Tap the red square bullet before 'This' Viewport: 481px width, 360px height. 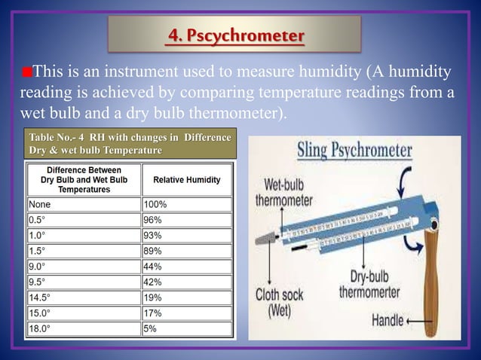point(27,73)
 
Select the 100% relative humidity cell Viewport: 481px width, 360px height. point(186,204)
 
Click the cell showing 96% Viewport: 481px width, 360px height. point(186,220)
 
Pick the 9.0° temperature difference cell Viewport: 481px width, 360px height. point(83,267)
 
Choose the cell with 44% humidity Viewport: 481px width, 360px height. point(186,267)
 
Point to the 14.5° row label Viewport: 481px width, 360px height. point(83,297)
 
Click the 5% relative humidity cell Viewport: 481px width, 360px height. point(186,329)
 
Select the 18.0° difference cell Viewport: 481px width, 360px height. point(83,329)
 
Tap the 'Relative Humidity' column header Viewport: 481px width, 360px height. point(186,180)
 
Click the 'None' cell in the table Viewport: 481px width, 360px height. point(83,204)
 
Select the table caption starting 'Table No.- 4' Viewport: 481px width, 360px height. point(129,144)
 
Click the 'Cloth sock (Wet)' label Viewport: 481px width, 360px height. point(281,301)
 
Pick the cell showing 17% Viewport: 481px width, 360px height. point(186,313)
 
